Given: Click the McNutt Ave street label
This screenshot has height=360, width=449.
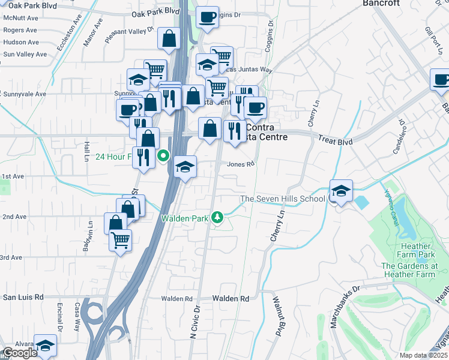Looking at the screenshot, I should [x=20, y=18].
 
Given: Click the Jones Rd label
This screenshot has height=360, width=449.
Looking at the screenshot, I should [x=241, y=164].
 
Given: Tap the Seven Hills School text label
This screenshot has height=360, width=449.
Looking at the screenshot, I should [x=283, y=199].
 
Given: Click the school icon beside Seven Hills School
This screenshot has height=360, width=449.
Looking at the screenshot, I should [x=341, y=191].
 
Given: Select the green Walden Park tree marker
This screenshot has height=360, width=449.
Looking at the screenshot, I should [x=220, y=217].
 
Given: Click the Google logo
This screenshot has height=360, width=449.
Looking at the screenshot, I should [x=20, y=353].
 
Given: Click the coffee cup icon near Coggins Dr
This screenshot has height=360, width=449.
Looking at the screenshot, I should [x=208, y=17].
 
